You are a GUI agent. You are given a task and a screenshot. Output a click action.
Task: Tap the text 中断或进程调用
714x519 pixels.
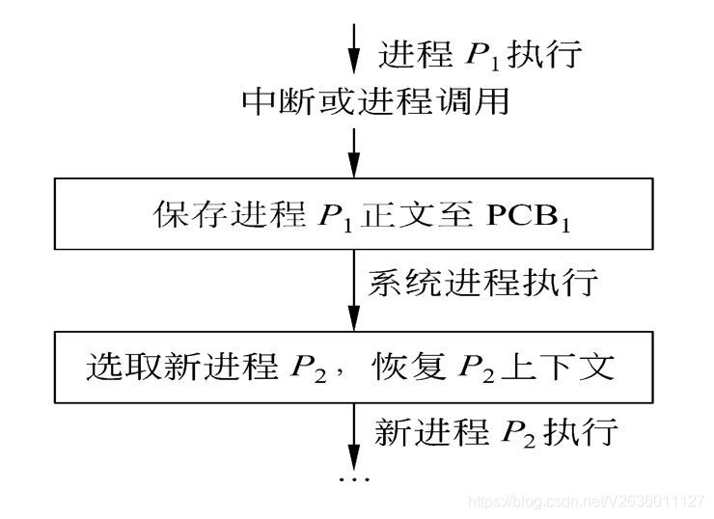point(375,100)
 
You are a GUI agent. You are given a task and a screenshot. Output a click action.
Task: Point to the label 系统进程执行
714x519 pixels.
point(483,284)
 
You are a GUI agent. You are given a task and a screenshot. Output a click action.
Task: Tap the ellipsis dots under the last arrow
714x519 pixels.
point(354,478)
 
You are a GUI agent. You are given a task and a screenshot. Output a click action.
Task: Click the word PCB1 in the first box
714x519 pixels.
point(541,214)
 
